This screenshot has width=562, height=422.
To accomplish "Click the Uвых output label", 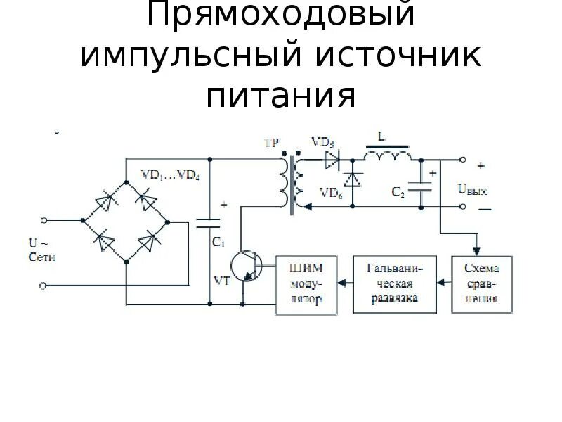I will tap(472, 189).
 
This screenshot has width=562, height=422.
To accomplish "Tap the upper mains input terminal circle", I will tap(44, 219).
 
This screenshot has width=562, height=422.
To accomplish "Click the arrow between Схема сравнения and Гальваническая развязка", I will tap(444, 283).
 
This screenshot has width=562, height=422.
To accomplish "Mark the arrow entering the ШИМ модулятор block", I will tap(343, 283).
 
